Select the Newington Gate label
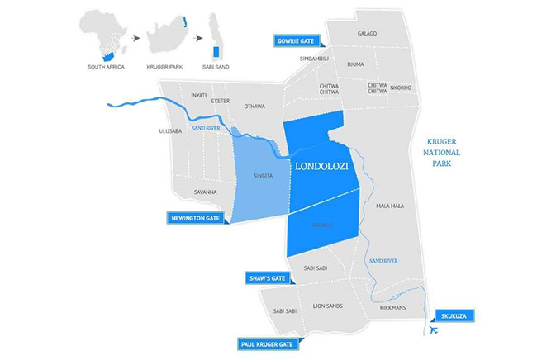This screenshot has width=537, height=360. [x=195, y=218]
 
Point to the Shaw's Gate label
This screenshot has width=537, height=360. [x=265, y=279]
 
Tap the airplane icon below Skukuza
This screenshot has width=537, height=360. [x=435, y=330]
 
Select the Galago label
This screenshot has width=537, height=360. [x=367, y=34]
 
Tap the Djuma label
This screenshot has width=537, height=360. [x=355, y=64]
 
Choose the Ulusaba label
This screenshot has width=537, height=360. [x=169, y=130]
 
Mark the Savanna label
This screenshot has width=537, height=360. [x=204, y=192]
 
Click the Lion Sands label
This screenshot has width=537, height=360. [x=328, y=306]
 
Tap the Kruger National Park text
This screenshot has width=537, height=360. [x=441, y=153]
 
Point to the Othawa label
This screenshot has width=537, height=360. [x=254, y=106]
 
